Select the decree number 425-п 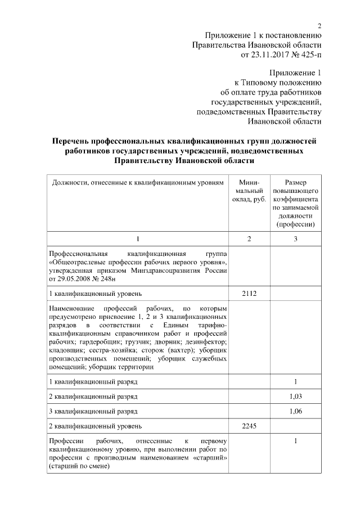[x=310, y=55]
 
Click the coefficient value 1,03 [x=295, y=397]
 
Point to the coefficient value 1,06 [x=295, y=411]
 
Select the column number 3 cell [x=295, y=240]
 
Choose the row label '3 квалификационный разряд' [x=93, y=411]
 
